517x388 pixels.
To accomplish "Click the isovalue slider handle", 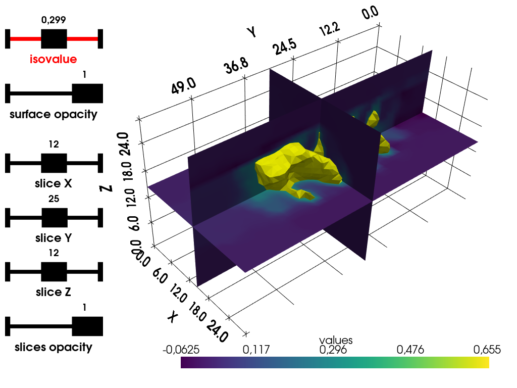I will [54, 38].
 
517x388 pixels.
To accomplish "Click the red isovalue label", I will [54, 59].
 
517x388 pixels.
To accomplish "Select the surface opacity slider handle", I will [87, 93].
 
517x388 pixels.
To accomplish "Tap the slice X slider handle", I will [54, 164].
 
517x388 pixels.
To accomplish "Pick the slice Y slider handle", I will [54, 218].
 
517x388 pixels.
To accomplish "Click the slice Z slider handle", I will [54, 272].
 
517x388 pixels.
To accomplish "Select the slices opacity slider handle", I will [87, 326].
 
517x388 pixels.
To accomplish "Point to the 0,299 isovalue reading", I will [54, 20].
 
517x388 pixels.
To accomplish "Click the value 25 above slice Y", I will [54, 199].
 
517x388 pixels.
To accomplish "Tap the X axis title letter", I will [173, 317].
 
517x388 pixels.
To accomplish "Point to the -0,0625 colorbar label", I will [189, 350].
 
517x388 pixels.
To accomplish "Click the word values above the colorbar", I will [336, 340].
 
